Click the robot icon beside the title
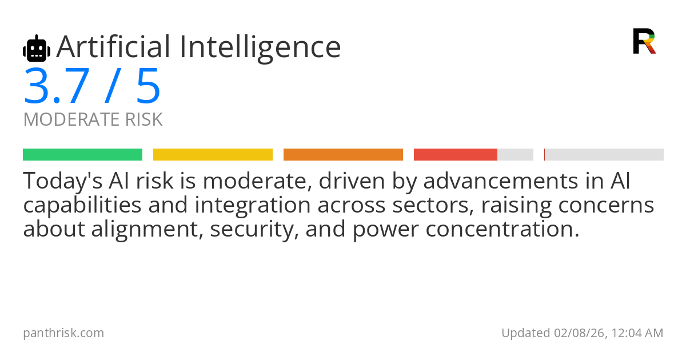coord(37,48)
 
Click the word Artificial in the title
coord(113,46)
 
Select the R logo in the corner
coord(644,41)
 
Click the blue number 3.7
coord(57,86)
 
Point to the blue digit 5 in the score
coord(149,86)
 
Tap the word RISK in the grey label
coord(143,119)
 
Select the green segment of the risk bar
coord(83,155)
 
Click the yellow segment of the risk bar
coord(213,155)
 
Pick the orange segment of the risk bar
coord(343,155)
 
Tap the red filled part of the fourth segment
coord(456,155)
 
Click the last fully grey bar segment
coord(604,155)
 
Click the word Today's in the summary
coord(63,181)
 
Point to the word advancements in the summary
coord(501,181)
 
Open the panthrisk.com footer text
coord(63,333)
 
